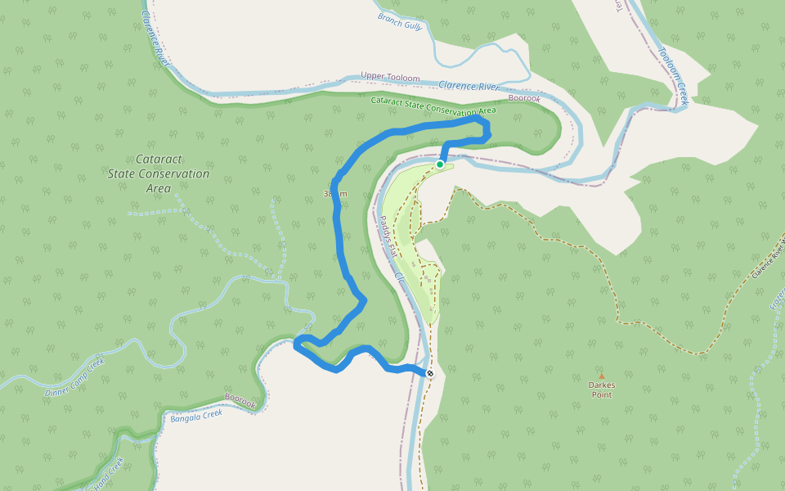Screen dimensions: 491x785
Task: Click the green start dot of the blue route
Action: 440,164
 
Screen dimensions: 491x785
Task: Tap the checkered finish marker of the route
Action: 429,373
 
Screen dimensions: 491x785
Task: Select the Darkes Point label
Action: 601,390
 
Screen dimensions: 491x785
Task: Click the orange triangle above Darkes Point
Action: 601,376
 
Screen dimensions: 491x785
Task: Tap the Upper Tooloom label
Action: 390,78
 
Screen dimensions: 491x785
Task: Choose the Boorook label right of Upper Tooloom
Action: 524,98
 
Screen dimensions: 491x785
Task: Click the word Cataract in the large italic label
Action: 158,160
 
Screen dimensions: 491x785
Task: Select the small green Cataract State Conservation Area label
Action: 433,106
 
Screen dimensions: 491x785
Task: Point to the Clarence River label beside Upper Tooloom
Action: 469,86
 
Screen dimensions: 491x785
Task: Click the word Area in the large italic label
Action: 158,189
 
